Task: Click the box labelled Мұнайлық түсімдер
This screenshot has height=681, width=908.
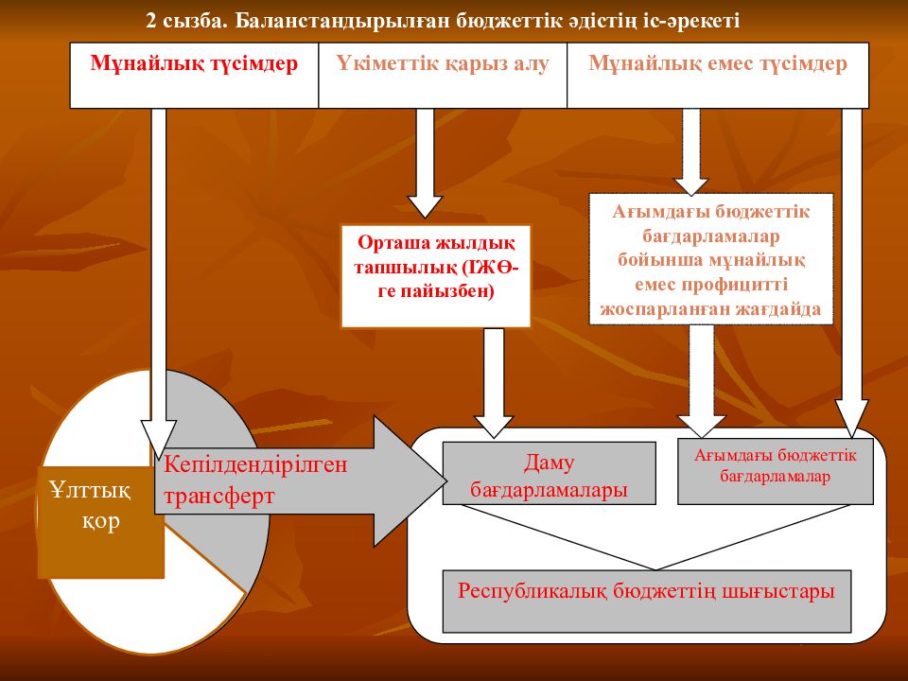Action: pyautogui.click(x=194, y=76)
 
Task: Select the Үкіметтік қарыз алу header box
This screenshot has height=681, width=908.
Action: pyautogui.click(x=443, y=76)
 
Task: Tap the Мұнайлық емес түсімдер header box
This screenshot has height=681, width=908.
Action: pyautogui.click(x=718, y=76)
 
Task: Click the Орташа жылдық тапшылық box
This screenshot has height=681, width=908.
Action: pyautogui.click(x=435, y=276)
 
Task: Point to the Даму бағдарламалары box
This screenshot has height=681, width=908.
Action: pyautogui.click(x=549, y=473)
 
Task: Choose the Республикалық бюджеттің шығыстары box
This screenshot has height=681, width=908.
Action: pyautogui.click(x=647, y=602)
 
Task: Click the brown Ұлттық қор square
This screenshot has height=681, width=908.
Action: pyautogui.click(x=101, y=522)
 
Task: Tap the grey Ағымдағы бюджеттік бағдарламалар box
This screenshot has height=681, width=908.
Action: pyautogui.click(x=776, y=471)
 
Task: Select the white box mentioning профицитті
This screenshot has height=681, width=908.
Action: pyautogui.click(x=711, y=259)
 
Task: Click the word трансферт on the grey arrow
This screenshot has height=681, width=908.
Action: pyautogui.click(x=218, y=497)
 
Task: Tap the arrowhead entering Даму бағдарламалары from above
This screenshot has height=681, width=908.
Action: pyautogui.click(x=494, y=427)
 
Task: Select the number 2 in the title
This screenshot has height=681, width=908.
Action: pyautogui.click(x=151, y=21)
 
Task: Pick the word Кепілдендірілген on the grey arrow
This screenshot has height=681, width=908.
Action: pyautogui.click(x=255, y=465)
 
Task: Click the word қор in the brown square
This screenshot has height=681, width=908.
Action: pyautogui.click(x=101, y=522)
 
